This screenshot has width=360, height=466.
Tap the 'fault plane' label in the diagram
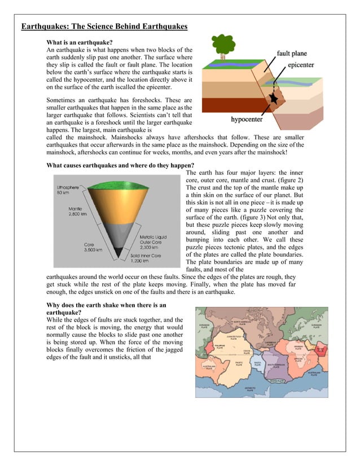[x=292, y=54]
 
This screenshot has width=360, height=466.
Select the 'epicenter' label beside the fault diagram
[x=304, y=65]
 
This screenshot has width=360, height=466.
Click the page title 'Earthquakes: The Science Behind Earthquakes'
[x=104, y=27]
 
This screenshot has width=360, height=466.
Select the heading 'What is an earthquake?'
[x=79, y=42]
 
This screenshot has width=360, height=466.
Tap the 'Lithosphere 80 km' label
[x=68, y=189]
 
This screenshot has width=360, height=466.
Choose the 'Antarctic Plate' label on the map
[x=251, y=389]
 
